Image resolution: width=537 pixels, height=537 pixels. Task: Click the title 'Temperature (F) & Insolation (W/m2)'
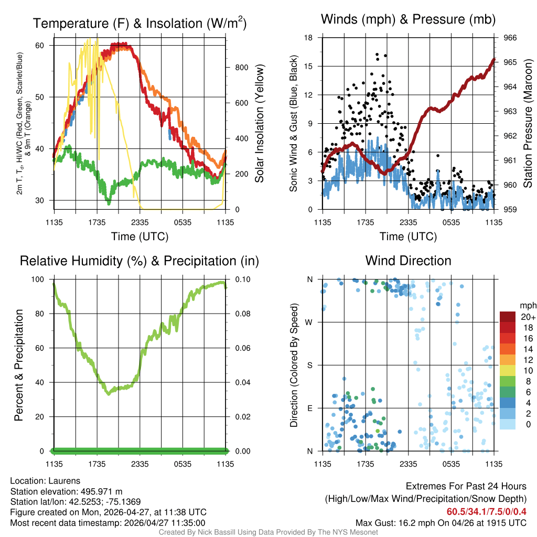pyautogui.click(x=139, y=23)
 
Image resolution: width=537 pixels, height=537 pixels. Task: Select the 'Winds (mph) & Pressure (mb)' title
pyautogui.click(x=408, y=19)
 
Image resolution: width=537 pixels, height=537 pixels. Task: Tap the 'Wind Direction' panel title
pyautogui.click(x=408, y=261)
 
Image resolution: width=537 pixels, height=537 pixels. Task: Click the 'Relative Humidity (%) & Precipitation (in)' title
pyautogui.click(x=139, y=261)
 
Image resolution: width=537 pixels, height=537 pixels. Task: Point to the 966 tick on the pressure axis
pyautogui.click(x=510, y=38)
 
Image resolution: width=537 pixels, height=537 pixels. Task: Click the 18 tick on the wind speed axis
pyautogui.click(x=309, y=38)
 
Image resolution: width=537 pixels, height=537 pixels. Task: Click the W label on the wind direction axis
pyautogui.click(x=310, y=322)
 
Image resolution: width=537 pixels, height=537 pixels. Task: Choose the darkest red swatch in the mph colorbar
pyautogui.click(x=508, y=317)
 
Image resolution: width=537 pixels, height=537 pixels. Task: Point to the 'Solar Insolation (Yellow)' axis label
pyautogui.click(x=259, y=124)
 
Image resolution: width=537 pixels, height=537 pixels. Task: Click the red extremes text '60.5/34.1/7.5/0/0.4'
pyautogui.click(x=486, y=512)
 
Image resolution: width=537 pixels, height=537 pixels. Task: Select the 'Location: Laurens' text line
pyautogui.click(x=45, y=481)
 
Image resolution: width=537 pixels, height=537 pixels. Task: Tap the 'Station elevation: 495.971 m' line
pyautogui.click(x=66, y=491)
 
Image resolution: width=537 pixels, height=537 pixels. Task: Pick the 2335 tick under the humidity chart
pyautogui.click(x=140, y=464)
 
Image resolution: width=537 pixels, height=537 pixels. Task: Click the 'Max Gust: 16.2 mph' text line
pyautogui.click(x=441, y=523)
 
